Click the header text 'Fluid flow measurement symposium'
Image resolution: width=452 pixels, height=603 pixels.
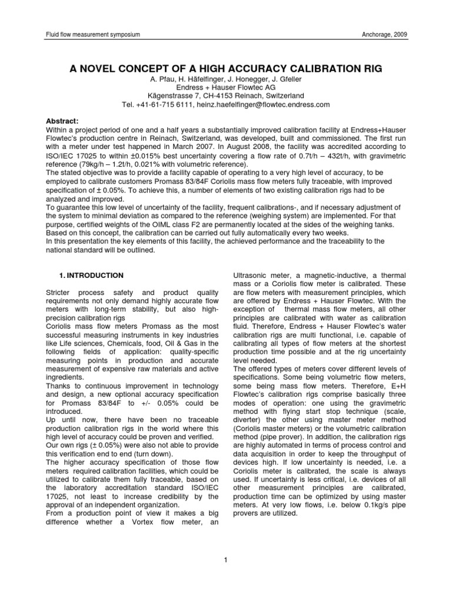click(92, 35)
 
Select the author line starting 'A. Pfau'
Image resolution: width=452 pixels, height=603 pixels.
click(225, 78)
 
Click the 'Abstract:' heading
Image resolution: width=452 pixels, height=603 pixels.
click(62, 120)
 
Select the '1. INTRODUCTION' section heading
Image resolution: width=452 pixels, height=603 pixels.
click(91, 275)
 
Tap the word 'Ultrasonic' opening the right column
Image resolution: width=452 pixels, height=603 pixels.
click(251, 275)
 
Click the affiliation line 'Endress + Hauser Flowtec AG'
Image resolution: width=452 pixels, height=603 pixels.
click(225, 87)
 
